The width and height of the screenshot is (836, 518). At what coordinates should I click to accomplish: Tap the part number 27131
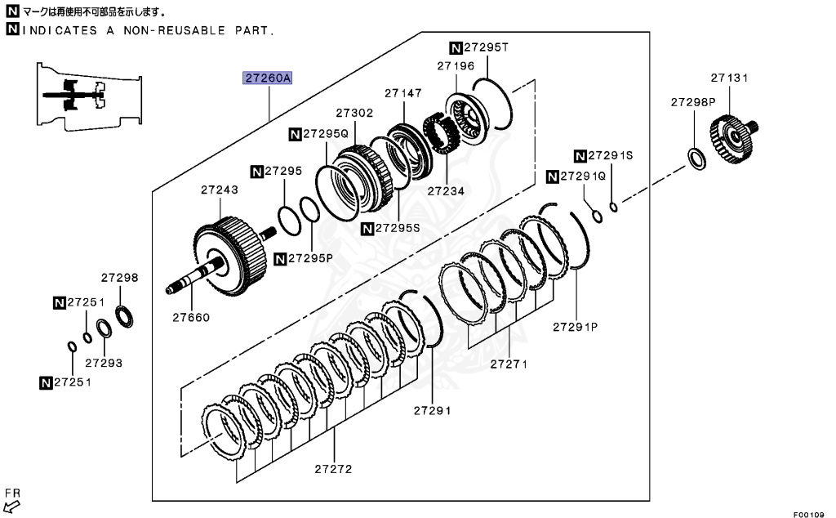(729, 78)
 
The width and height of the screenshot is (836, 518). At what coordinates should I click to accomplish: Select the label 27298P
(693, 102)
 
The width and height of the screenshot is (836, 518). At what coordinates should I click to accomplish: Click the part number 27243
(220, 190)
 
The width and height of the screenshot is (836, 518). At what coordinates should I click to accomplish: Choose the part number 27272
(333, 469)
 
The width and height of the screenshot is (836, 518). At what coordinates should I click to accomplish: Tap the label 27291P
(576, 326)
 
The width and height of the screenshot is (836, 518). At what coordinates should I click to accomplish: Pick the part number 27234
(445, 191)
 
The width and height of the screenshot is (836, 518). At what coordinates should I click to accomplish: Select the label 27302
(354, 114)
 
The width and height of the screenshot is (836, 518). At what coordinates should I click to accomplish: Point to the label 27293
(103, 362)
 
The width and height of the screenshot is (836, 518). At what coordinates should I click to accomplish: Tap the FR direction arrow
(11, 505)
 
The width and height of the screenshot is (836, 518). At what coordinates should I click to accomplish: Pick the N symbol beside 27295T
(456, 47)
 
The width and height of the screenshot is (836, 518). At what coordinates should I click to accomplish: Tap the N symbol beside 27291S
(580, 155)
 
